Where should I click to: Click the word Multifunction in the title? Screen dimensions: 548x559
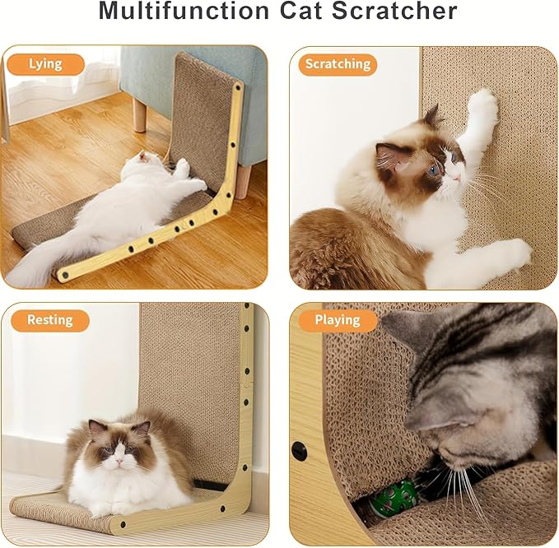tap(186, 12)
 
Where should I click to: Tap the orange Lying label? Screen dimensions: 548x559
tap(45, 64)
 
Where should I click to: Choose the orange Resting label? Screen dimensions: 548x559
tap(49, 320)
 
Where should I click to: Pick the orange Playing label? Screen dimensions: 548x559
tap(338, 320)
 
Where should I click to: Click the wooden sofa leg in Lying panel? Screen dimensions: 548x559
tap(140, 115)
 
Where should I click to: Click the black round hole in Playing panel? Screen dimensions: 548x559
tap(299, 451)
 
